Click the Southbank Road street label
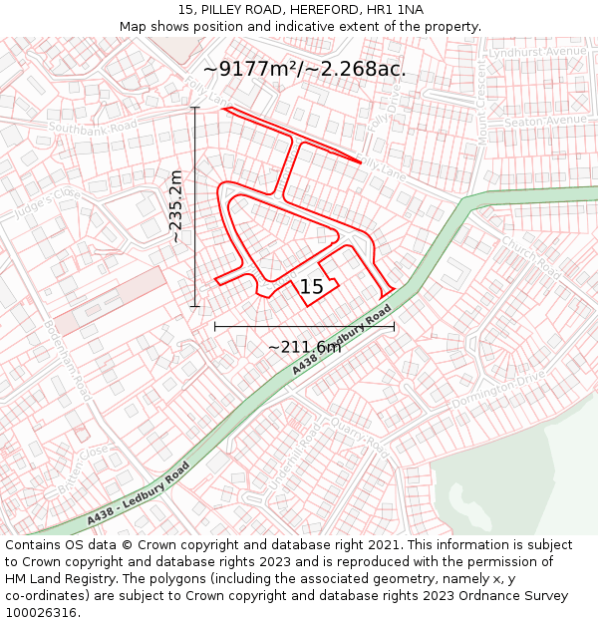click(x=93, y=129)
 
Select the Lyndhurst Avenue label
click(x=539, y=51)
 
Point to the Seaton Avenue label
click(x=545, y=121)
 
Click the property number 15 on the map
click(x=312, y=287)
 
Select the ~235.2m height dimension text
click(x=175, y=206)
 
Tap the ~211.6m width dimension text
click(x=304, y=347)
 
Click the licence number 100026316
click(x=41, y=613)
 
